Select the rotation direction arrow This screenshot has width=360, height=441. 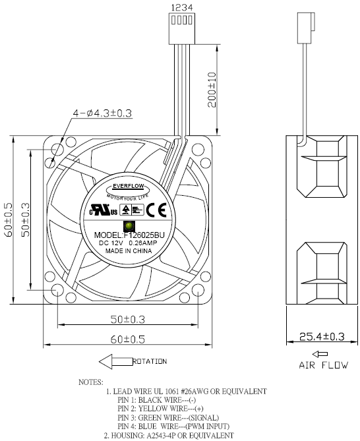click(115, 361)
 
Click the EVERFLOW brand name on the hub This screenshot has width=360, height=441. click(129, 187)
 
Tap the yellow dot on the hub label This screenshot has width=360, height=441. click(128, 226)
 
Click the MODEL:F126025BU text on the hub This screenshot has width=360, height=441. click(129, 235)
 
